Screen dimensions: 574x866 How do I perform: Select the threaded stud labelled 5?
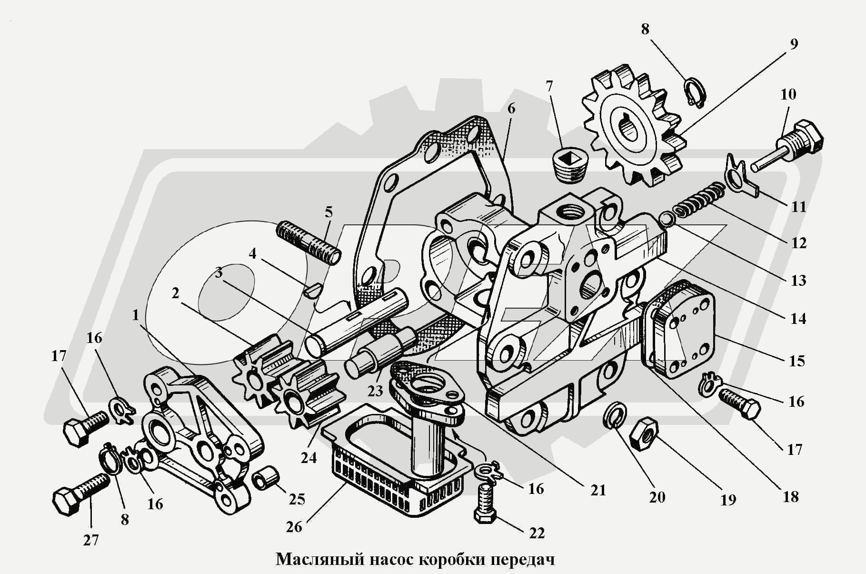click(308, 242)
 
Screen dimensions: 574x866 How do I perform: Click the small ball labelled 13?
click(666, 219)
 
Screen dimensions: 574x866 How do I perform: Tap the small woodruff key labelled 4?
click(313, 290)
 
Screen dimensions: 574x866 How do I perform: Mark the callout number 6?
click(511, 108)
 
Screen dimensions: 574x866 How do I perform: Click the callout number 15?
click(796, 361)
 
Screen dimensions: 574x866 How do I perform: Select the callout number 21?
click(598, 490)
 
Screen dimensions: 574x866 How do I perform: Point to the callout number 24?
click(309, 458)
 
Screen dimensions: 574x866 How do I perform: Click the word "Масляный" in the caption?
click(320, 559)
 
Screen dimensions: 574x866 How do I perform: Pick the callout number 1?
click(136, 315)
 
